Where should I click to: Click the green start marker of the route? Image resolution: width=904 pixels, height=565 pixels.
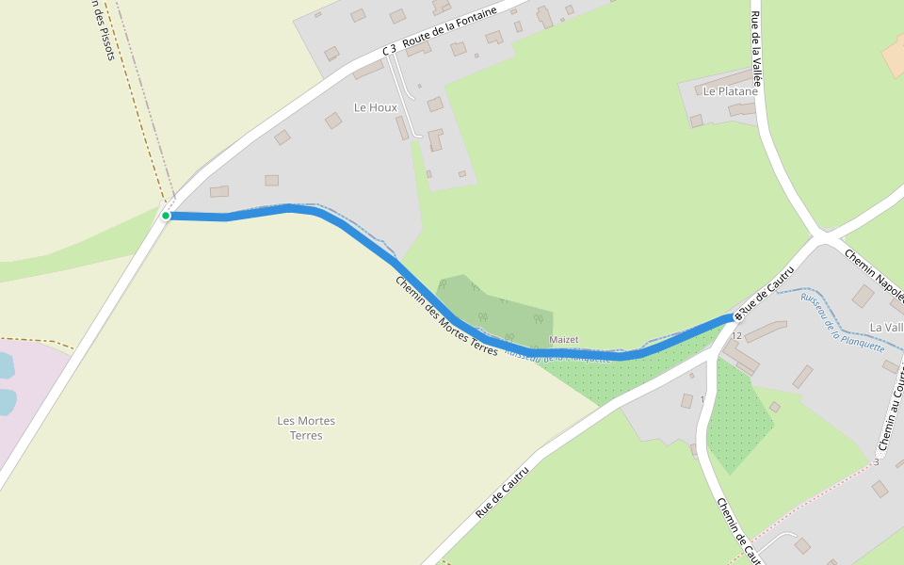click(x=166, y=216)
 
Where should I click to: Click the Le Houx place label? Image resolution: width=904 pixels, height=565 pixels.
click(x=376, y=107)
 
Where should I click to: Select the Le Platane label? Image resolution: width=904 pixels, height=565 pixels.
click(x=730, y=91)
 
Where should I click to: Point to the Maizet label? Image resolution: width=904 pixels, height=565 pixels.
click(x=564, y=339)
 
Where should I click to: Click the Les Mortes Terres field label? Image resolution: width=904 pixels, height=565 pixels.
click(x=306, y=428)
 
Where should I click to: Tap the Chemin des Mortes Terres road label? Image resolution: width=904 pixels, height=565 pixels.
click(x=445, y=315)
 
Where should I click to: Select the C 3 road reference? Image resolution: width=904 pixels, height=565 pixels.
click(x=389, y=49)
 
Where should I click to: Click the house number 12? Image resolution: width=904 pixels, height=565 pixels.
click(x=736, y=336)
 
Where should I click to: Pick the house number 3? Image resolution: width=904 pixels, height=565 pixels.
click(x=876, y=461)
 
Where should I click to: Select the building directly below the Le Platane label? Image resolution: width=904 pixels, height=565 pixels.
click(x=741, y=109)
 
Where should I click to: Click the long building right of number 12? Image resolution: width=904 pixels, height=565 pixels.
click(x=766, y=331)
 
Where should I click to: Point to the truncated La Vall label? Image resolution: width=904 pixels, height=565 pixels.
click(x=885, y=327)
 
